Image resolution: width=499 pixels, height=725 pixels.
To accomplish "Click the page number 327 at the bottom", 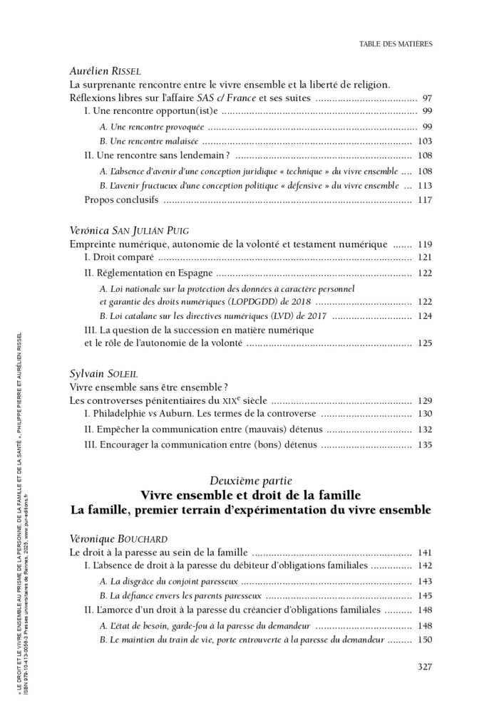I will [423, 667].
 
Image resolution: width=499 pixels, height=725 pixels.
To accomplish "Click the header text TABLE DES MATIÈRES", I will [396, 43].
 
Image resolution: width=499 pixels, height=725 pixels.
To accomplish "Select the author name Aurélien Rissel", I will [106, 71].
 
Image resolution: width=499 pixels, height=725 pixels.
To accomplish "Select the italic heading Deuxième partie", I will [250, 480].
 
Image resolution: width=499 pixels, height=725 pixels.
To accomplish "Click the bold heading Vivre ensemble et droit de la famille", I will [250, 495].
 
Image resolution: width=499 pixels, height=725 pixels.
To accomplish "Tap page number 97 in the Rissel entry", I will [427, 98].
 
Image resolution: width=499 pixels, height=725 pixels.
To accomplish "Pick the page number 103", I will [426, 141].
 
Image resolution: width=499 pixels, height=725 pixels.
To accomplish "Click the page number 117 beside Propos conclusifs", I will [426, 199].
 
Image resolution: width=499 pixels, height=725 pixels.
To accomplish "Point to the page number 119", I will [426, 244].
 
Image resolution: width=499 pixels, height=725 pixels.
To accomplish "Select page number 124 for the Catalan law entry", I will [426, 315].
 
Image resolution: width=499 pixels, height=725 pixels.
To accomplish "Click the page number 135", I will [426, 445].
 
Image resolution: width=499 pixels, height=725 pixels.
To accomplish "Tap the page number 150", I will [426, 640].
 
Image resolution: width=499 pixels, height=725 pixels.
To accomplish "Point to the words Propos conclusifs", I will [121, 199].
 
